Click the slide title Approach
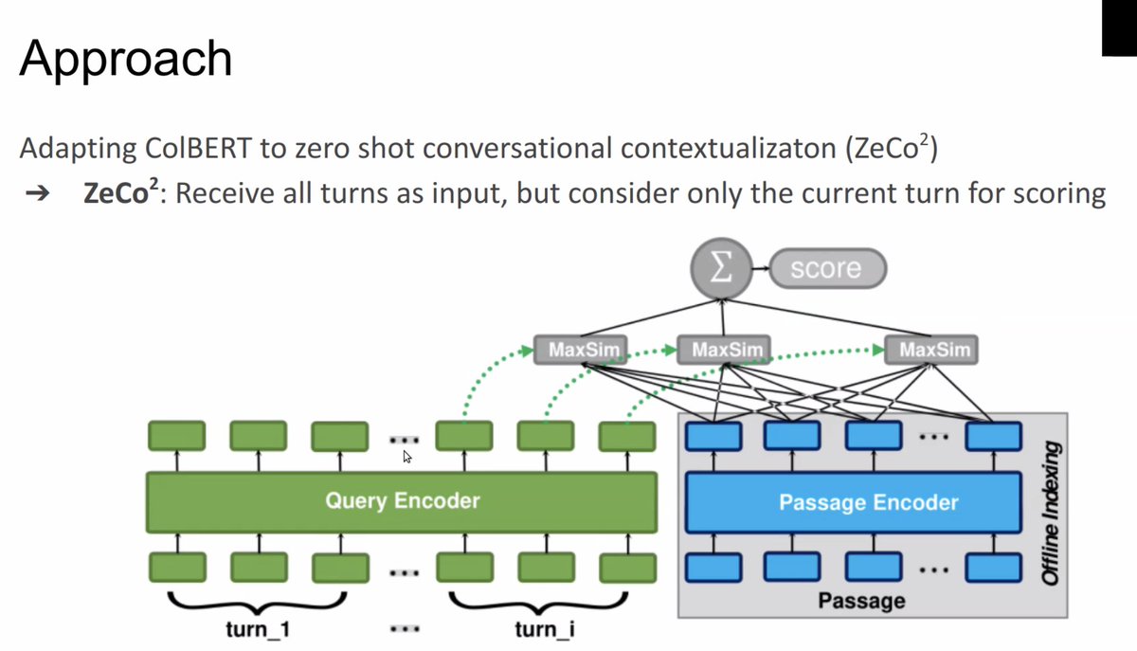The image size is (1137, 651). pyautogui.click(x=125, y=59)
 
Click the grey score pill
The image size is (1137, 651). pyautogui.click(x=825, y=268)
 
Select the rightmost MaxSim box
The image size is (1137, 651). pyautogui.click(x=935, y=351)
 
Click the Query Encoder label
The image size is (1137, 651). pyautogui.click(x=402, y=500)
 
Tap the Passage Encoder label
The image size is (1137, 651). pyautogui.click(x=868, y=502)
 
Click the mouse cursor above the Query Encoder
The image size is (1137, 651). pyautogui.click(x=408, y=458)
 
